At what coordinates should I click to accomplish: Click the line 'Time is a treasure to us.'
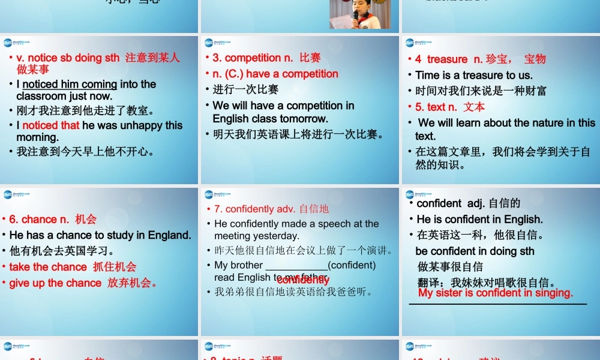[473, 75]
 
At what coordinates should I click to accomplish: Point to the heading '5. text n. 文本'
[450, 107]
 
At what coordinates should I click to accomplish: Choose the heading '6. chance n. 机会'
[53, 219]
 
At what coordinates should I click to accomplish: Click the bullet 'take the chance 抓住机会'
[73, 266]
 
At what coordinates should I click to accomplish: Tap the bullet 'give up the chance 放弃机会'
[83, 283]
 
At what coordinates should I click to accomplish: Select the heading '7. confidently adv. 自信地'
[271, 209]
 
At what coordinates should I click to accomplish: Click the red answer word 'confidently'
[303, 280]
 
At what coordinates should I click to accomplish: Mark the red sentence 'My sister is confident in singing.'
[496, 293]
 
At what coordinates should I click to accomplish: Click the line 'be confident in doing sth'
[475, 251]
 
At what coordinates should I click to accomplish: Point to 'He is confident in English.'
[479, 219]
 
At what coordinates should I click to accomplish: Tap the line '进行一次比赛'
[245, 89]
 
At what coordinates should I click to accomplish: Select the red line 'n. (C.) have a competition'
[275, 74]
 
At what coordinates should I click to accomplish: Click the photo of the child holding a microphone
[355, 14]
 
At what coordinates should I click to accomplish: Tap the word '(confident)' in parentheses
[352, 265]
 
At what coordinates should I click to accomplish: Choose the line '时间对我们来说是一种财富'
[481, 91]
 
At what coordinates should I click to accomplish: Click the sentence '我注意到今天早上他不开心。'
[85, 151]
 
